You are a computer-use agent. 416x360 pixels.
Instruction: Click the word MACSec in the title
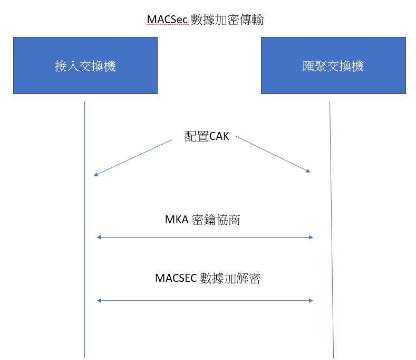(167, 20)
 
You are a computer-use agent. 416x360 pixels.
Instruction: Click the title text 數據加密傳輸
(227, 20)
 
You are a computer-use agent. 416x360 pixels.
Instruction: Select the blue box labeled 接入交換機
(85, 65)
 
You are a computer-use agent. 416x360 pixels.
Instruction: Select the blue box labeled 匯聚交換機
(334, 65)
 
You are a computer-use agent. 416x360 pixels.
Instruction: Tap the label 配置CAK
(207, 136)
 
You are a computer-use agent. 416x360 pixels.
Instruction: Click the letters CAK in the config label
(219, 136)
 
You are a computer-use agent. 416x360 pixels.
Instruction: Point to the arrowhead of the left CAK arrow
(96, 175)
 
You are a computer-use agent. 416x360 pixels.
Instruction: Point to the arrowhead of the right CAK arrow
(308, 170)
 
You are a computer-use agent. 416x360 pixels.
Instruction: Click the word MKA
(177, 220)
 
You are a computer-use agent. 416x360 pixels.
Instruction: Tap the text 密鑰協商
(216, 220)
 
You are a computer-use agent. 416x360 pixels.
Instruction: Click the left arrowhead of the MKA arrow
(99, 237)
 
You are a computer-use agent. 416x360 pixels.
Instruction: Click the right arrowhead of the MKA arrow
(311, 237)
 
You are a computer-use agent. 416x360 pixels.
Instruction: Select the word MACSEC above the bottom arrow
(176, 278)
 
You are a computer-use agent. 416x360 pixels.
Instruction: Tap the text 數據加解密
(230, 278)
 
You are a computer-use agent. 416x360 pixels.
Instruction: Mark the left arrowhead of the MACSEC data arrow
(99, 301)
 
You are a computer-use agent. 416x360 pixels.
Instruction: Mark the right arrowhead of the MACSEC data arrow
(311, 301)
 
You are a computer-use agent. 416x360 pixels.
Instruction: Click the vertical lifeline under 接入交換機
(85, 229)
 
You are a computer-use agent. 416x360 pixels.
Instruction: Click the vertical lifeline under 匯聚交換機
(332, 230)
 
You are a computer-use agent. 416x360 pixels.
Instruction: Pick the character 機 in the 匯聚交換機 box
(357, 66)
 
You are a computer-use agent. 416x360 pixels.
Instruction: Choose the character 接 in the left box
(61, 66)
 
